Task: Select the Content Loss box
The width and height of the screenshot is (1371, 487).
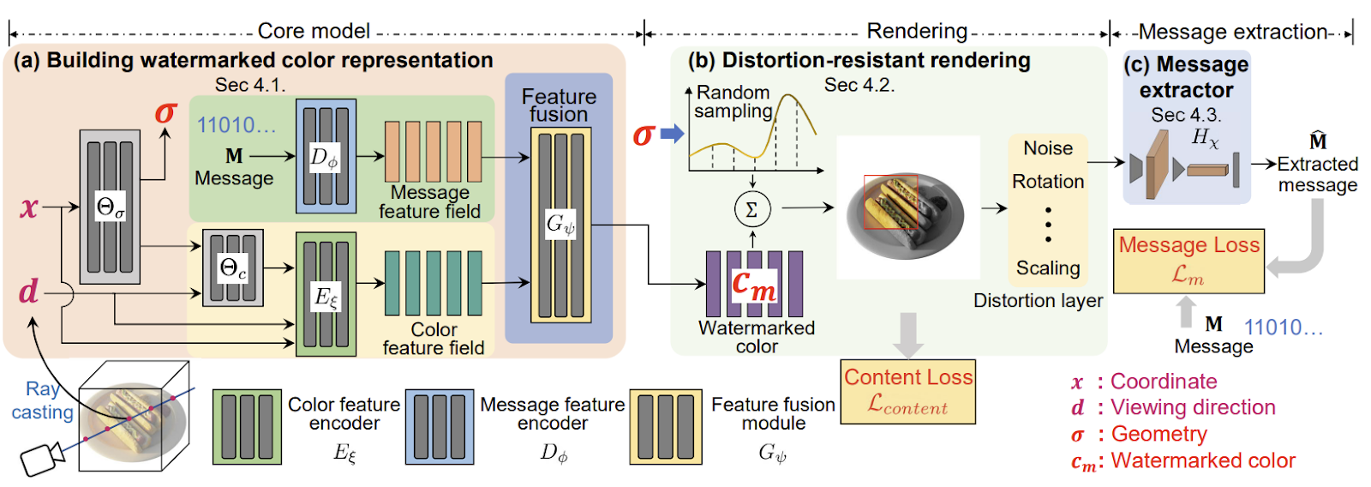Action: (907, 391)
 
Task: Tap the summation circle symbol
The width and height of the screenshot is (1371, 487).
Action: (752, 208)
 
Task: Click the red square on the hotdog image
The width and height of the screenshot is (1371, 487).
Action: (890, 202)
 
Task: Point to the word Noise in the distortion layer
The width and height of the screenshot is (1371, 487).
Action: (1048, 148)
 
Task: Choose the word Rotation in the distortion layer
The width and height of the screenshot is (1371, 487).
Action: (1048, 182)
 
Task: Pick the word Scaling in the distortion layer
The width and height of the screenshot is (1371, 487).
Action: (1048, 268)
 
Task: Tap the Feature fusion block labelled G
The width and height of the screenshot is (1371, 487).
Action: (560, 225)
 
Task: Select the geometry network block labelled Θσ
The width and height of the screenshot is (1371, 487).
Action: (110, 207)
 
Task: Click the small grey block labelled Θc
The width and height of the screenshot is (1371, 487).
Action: (232, 268)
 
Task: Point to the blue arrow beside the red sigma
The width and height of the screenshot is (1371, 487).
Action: (673, 134)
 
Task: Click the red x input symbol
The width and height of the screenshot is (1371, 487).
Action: (29, 207)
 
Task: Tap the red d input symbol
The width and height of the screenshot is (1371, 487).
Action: (28, 292)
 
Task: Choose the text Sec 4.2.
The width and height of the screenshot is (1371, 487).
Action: (859, 85)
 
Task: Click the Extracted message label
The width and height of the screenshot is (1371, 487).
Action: (1317, 174)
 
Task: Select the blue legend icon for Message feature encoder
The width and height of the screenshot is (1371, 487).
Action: (439, 426)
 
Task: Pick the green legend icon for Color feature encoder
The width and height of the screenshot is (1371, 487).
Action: (247, 426)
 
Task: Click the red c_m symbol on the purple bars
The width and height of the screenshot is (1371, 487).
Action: (753, 285)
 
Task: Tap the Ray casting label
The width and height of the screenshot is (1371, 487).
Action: (41, 400)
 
